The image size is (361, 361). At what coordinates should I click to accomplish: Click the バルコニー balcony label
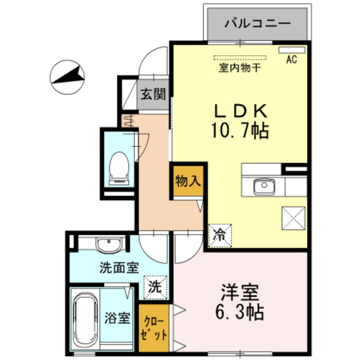pyautogui.click(x=257, y=23)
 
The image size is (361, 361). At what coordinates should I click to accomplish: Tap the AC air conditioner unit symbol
pyautogui.click(x=292, y=50)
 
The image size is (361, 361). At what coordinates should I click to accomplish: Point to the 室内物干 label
pyautogui.click(x=240, y=68)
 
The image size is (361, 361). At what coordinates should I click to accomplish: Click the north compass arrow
pyautogui.click(x=68, y=76)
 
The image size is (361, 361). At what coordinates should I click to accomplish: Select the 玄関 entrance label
pyautogui.click(x=153, y=94)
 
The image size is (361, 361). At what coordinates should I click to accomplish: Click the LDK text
pyautogui.click(x=241, y=111)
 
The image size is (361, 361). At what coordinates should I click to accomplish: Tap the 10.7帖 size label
pyautogui.click(x=240, y=130)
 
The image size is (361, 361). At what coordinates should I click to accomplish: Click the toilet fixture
pyautogui.click(x=119, y=168)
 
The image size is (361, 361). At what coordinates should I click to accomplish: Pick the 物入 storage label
pyautogui.click(x=188, y=180)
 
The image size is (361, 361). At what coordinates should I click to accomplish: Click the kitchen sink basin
pyautogui.click(x=264, y=187)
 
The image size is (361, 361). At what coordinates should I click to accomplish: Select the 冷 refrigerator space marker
pyautogui.click(x=219, y=236)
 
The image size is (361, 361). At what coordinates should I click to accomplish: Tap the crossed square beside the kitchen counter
pyautogui.click(x=293, y=218)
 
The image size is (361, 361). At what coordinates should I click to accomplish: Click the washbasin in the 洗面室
pyautogui.click(x=108, y=245)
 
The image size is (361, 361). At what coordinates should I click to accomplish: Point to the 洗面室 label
pyautogui.click(x=119, y=267)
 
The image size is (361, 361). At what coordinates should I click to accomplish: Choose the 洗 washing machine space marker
pyautogui.click(x=155, y=287)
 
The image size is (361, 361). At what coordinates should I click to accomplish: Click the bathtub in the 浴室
pyautogui.click(x=85, y=320)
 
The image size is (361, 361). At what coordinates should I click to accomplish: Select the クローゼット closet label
pyautogui.click(x=153, y=328)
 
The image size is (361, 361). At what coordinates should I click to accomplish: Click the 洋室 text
pyautogui.click(x=240, y=292)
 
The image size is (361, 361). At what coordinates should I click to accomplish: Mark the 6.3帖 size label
pyautogui.click(x=239, y=312)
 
